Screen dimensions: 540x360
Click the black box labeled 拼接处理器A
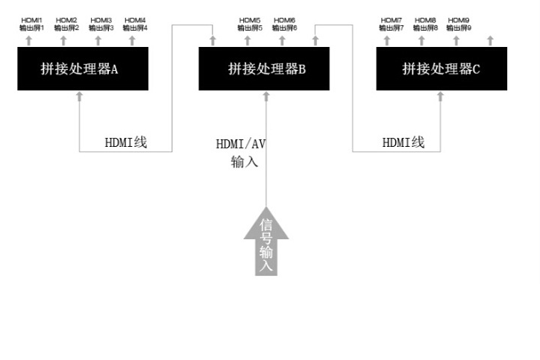[80, 69]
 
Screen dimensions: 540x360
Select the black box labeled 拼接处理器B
[265, 69]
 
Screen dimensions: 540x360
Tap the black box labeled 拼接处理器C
[442, 69]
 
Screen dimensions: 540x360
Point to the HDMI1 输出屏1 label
[32, 23]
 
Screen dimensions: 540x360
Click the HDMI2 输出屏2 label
[66, 23]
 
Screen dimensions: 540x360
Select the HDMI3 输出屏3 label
[101, 23]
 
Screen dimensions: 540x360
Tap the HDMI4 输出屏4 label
[135, 23]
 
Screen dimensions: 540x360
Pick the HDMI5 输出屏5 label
[250, 23]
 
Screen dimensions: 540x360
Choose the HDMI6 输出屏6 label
[285, 23]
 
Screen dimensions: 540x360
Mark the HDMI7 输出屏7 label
[391, 23]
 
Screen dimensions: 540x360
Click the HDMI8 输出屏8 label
[425, 23]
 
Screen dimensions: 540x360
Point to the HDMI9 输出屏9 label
[459, 23]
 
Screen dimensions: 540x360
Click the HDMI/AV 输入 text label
[241, 152]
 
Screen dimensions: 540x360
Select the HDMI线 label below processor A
[126, 142]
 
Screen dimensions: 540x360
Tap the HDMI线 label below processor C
[404, 142]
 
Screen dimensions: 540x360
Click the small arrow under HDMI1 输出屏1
[29, 40]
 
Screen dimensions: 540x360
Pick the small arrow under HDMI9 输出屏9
[456, 40]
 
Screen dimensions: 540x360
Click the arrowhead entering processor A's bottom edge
[79, 95]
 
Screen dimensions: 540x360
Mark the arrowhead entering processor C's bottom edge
[440, 95]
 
